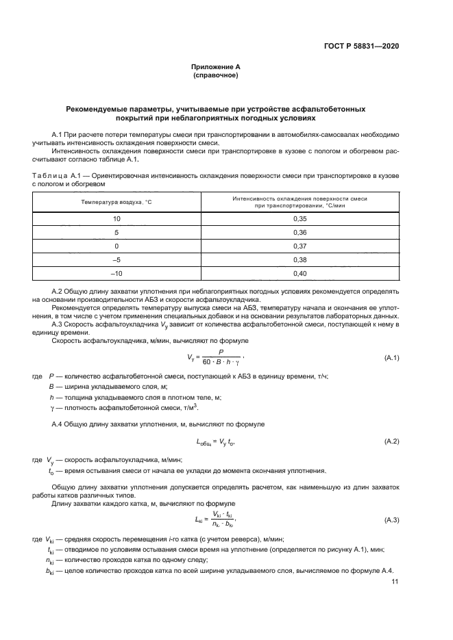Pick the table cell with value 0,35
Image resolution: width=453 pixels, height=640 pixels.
(299, 218)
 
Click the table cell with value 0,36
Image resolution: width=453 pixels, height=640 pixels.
(299, 232)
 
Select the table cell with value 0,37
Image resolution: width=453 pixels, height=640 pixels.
(299, 246)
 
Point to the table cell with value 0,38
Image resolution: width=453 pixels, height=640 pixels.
(299, 259)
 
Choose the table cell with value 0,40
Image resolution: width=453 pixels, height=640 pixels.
(299, 274)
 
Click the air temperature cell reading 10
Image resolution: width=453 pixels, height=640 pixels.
(117, 218)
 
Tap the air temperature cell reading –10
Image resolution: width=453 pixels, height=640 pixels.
(117, 274)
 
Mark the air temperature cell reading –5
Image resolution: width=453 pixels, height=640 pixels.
(117, 259)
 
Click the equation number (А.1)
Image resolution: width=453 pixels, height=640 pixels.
(392, 358)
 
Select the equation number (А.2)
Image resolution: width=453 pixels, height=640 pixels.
(392, 441)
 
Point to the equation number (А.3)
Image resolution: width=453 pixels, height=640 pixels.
(392, 521)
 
